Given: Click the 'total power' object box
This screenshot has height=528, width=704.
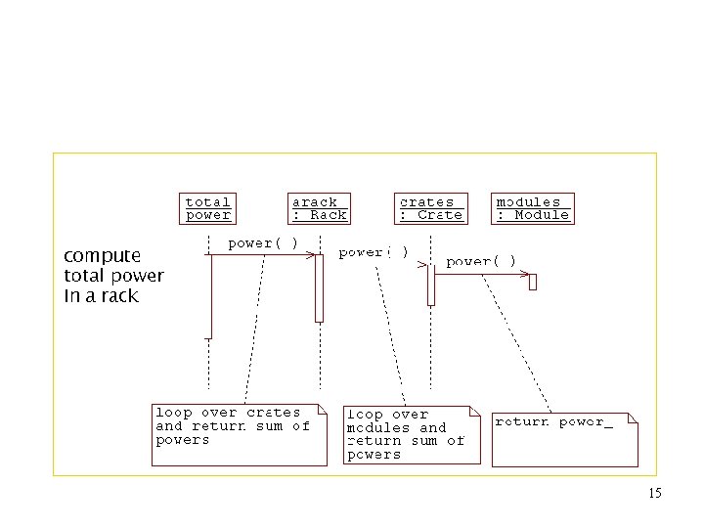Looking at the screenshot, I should (x=208, y=208).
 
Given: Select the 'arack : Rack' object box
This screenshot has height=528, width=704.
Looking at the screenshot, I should (x=319, y=208).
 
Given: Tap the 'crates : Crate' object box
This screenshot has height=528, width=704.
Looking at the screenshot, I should (x=430, y=208).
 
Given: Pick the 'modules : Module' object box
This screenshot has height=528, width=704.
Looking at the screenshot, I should (x=532, y=208).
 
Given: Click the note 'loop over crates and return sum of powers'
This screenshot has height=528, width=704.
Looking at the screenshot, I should (x=239, y=434).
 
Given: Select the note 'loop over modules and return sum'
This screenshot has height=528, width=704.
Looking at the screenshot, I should (x=412, y=434).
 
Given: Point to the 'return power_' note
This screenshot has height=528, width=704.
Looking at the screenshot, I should (x=564, y=438).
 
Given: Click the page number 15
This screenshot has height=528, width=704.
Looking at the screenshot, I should (x=654, y=494).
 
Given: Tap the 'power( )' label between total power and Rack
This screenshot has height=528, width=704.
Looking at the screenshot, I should (x=263, y=242).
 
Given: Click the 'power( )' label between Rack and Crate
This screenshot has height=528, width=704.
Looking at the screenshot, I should (x=374, y=252).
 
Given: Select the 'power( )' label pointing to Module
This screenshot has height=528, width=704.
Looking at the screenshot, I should (x=481, y=261).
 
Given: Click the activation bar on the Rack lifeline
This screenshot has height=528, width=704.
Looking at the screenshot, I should (x=319, y=287).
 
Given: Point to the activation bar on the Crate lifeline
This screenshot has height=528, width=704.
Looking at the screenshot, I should (x=430, y=285).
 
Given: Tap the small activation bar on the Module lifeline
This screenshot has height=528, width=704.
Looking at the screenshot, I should (x=533, y=282).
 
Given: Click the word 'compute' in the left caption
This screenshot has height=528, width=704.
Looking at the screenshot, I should (x=102, y=256).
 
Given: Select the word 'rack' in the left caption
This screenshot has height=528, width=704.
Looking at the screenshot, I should (x=120, y=295).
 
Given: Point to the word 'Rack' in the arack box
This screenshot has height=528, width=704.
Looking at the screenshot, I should (x=329, y=215).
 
